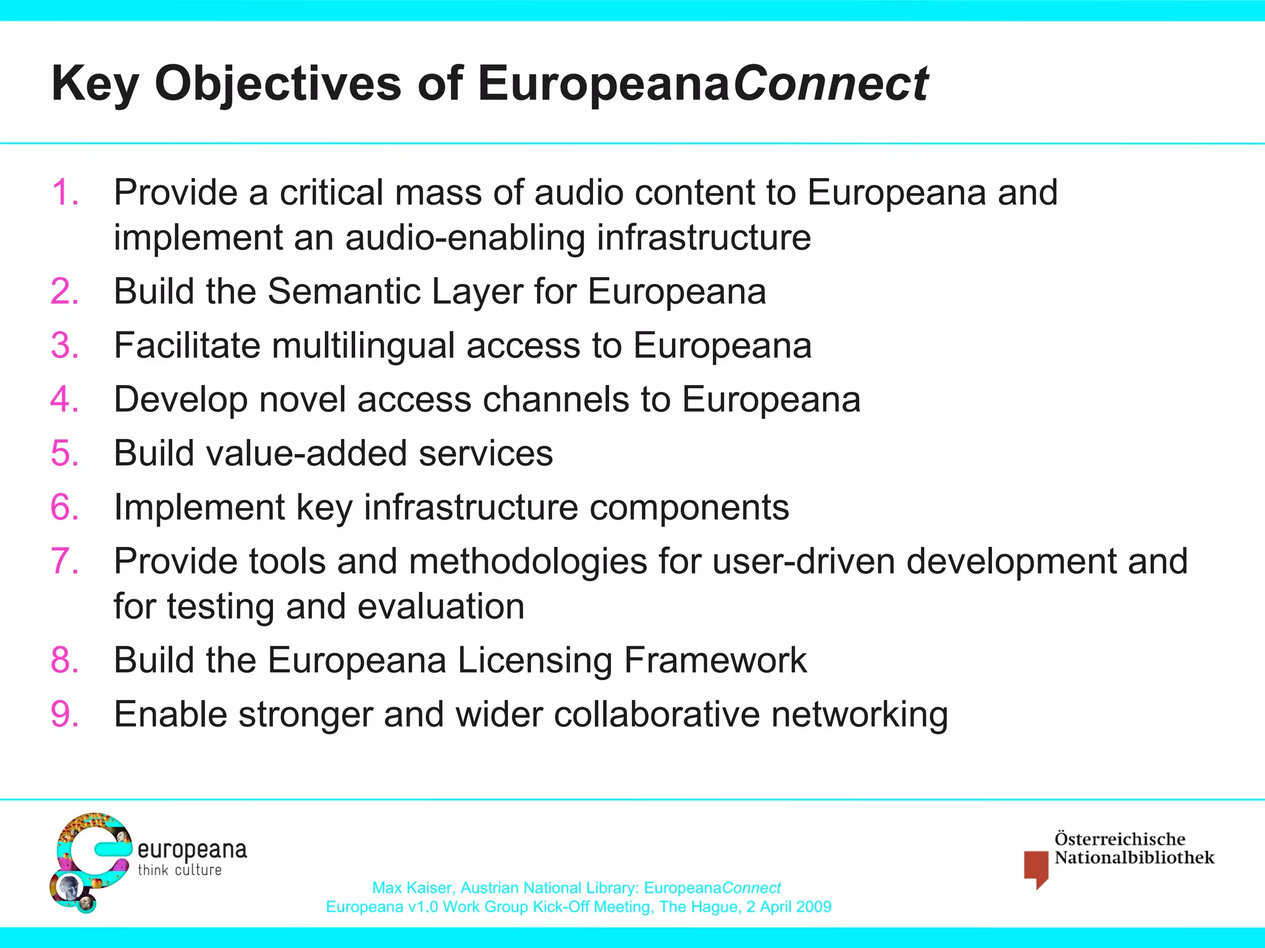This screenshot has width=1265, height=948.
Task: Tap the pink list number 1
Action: coord(64,192)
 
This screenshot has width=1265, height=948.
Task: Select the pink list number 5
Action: coord(64,453)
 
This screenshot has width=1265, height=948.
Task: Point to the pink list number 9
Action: coord(64,714)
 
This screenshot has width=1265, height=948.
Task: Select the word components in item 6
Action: coord(689,507)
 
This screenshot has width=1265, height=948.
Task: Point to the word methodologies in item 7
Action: coord(527,562)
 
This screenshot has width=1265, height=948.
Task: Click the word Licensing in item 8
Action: coord(534,660)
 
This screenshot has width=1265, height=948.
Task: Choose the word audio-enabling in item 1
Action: coord(464,238)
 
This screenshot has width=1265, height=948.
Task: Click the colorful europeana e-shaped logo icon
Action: coord(90,862)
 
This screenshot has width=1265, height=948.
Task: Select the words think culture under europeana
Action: coord(179,870)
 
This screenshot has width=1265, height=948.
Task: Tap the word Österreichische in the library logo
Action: coord(1119,839)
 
